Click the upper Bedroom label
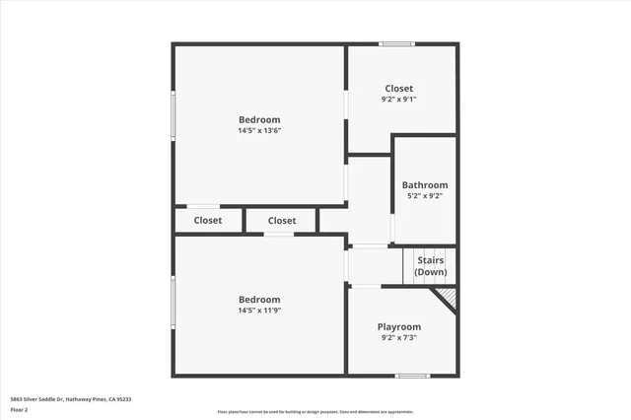pyautogui.click(x=259, y=119)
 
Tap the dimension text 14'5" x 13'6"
pyautogui.click(x=259, y=130)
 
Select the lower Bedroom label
pyautogui.click(x=259, y=300)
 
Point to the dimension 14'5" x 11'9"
pyautogui.click(x=259, y=311)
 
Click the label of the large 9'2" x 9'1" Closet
pyautogui.click(x=398, y=89)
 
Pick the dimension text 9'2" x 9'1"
pyautogui.click(x=398, y=100)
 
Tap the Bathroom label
pyautogui.click(x=424, y=184)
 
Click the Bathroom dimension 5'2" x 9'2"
pyautogui.click(x=424, y=195)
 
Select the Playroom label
pyautogui.click(x=398, y=326)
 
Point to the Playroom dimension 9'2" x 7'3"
pyautogui.click(x=398, y=337)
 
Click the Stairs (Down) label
pyautogui.click(x=430, y=266)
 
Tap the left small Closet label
pyautogui.click(x=207, y=221)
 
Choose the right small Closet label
pyautogui.click(x=281, y=221)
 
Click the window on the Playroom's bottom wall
pyautogui.click(x=412, y=375)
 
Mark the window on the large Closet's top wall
pyautogui.click(x=396, y=43)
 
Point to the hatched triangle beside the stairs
pyautogui.click(x=447, y=296)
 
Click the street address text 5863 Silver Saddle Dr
pyautogui.click(x=49, y=399)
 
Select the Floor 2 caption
pyautogui.click(x=19, y=409)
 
